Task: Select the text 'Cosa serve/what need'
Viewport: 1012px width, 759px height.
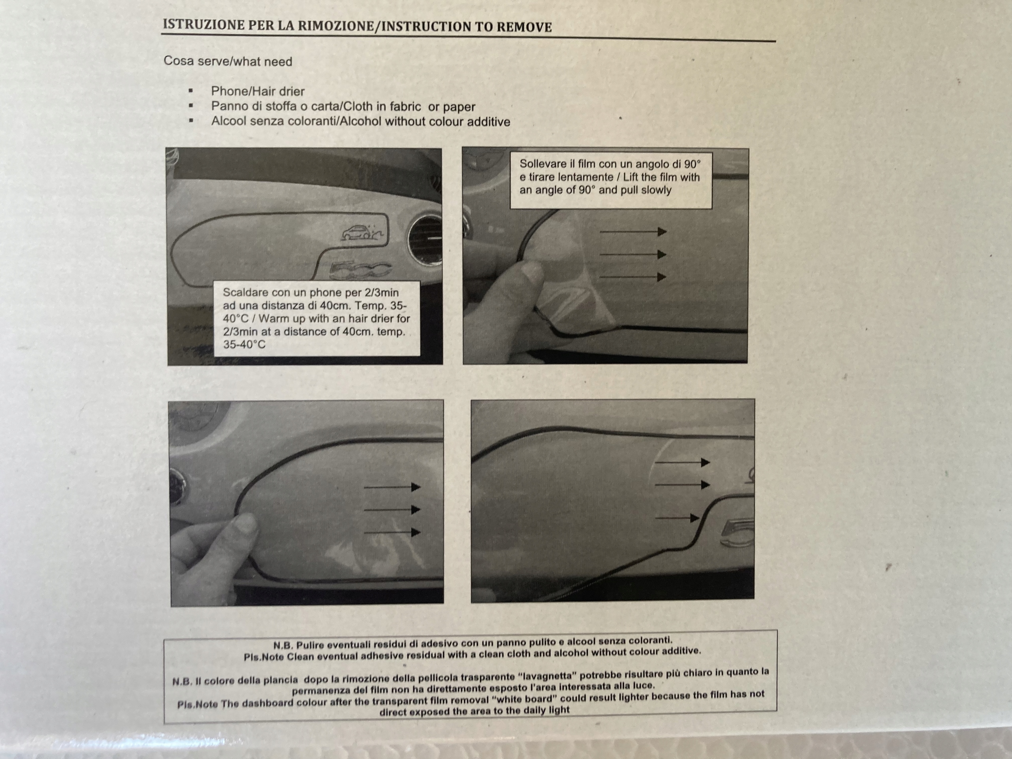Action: pyautogui.click(x=228, y=61)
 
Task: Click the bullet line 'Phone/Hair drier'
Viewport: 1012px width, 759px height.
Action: pyautogui.click(x=258, y=91)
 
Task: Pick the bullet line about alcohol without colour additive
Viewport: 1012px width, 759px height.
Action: pyautogui.click(x=361, y=121)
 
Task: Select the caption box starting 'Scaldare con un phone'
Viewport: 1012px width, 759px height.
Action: pyautogui.click(x=317, y=318)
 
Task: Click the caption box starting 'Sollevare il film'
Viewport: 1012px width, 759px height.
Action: pyautogui.click(x=611, y=180)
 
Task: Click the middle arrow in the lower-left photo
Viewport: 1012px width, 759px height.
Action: pyautogui.click(x=392, y=509)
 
